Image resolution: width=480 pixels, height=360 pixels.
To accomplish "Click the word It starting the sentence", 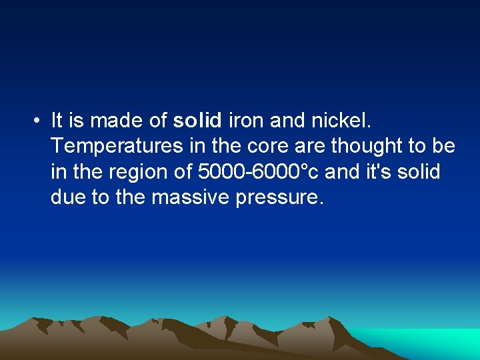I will coord(56,121).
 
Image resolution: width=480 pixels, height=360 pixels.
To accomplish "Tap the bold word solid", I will coord(197,121).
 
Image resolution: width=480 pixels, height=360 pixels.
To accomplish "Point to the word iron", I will coord(246,121).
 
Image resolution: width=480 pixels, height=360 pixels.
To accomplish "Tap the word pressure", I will coord(280,197).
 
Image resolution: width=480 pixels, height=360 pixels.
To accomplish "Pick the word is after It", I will coord(75,121).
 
